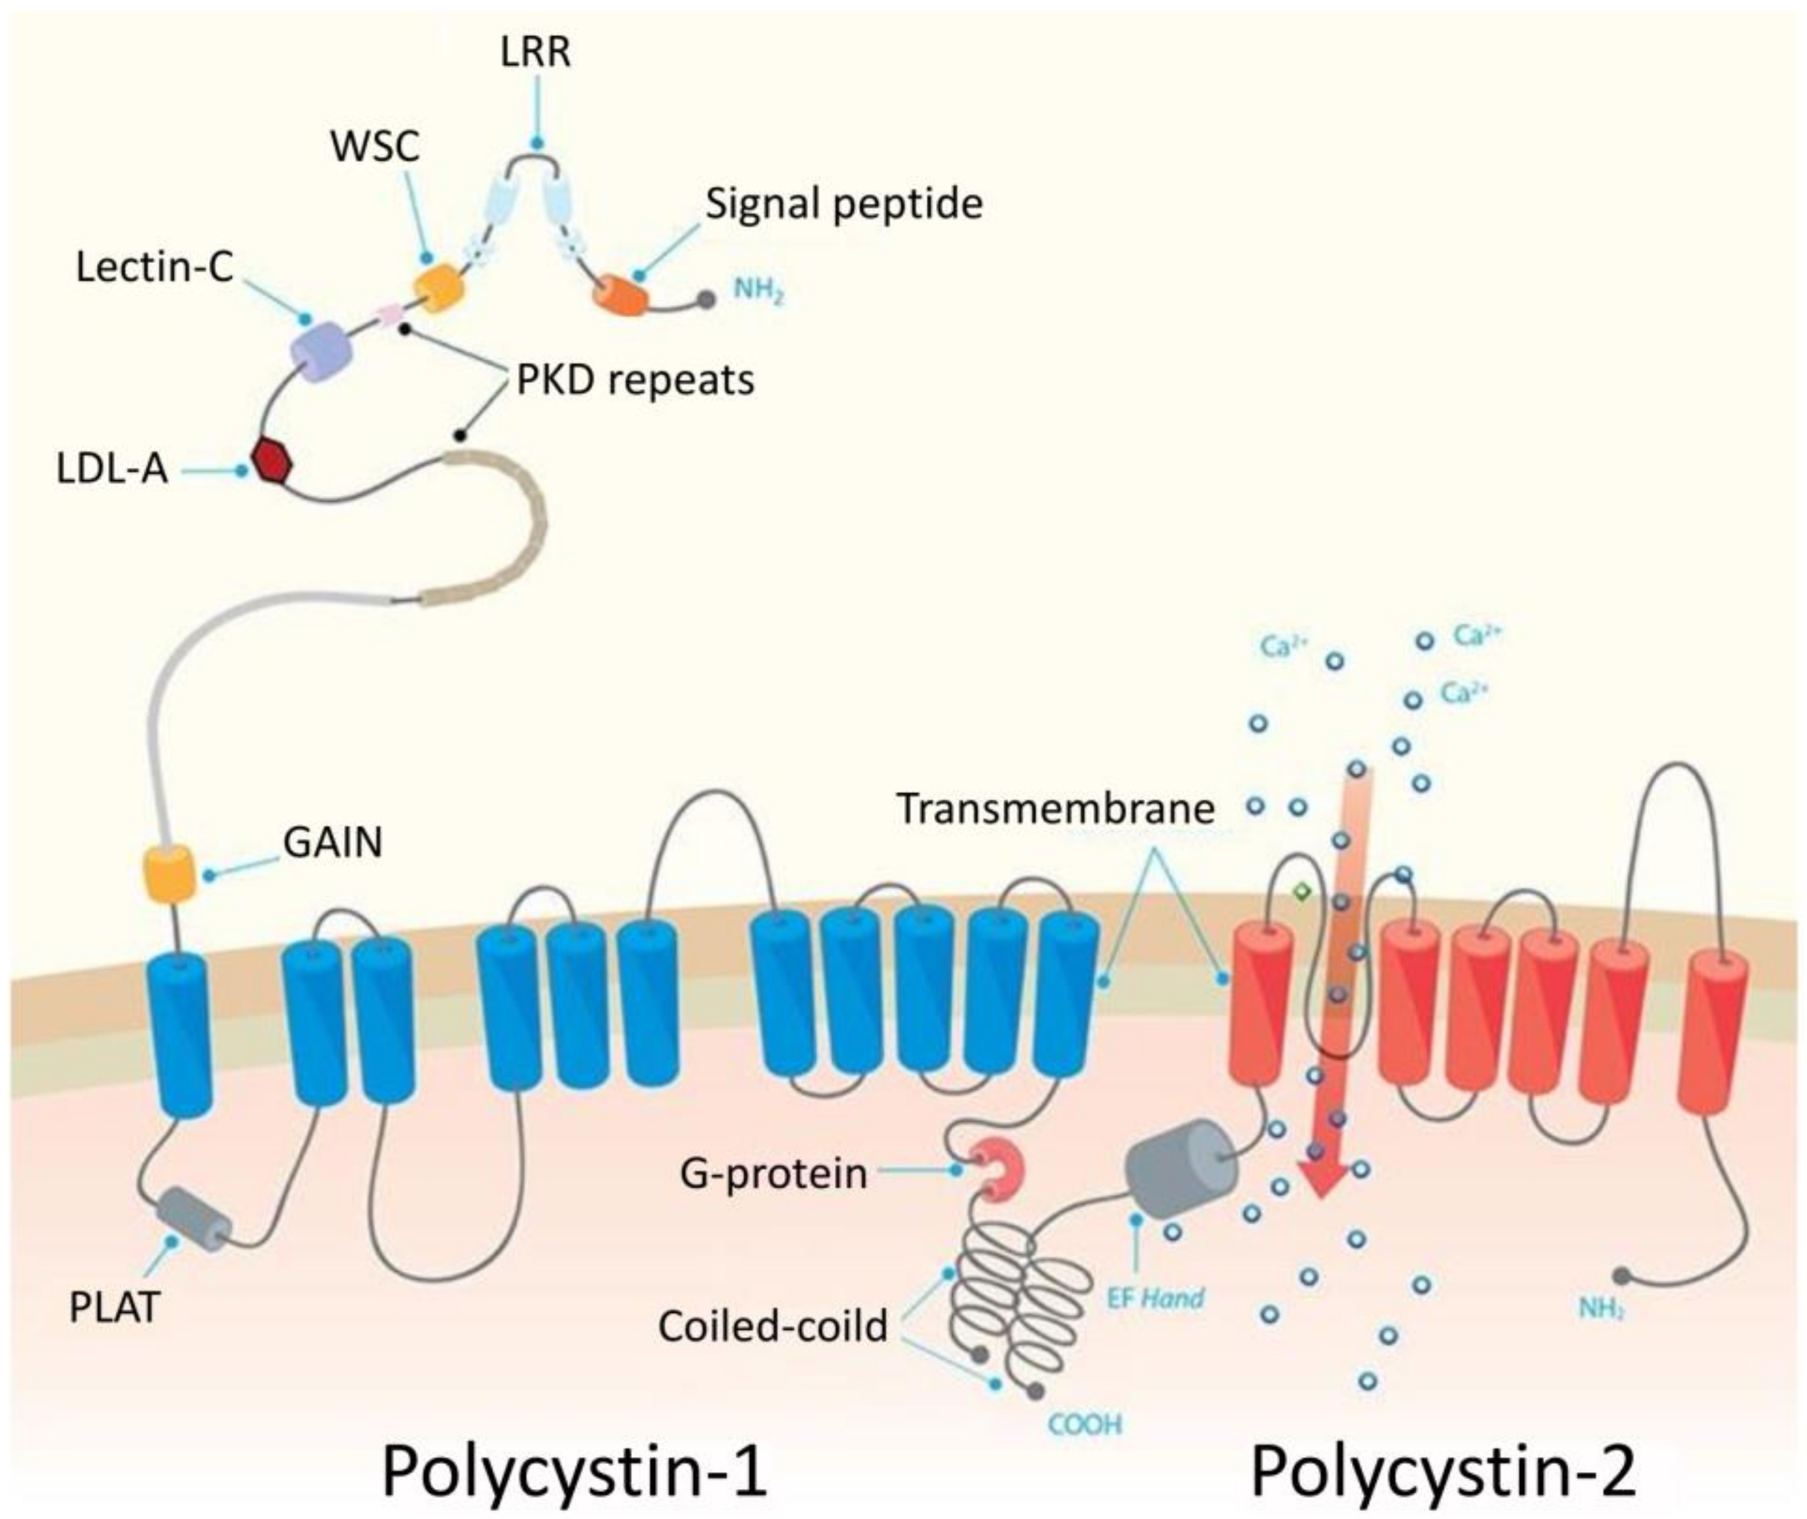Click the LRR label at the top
tap(535, 54)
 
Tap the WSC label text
tap(376, 147)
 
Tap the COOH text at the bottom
tap(1084, 1425)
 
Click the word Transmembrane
tap(1055, 808)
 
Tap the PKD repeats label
tap(635, 380)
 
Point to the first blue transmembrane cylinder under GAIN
tap(180, 1033)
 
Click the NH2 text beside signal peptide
tap(758, 291)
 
